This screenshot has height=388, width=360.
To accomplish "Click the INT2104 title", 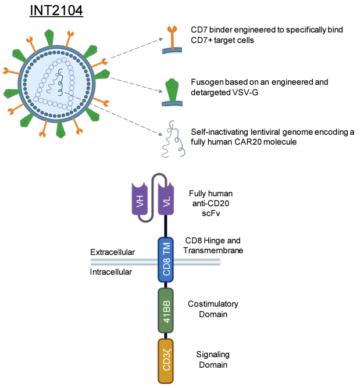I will tap(56, 10).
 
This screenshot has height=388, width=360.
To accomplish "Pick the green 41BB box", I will tap(166, 311).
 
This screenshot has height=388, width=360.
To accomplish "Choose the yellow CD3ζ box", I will tap(166, 360).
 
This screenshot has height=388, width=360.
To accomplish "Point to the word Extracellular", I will tap(112, 252).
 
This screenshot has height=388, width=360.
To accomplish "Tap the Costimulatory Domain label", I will tap(213, 309).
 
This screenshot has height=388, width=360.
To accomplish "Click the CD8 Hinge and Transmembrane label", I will tap(212, 245).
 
